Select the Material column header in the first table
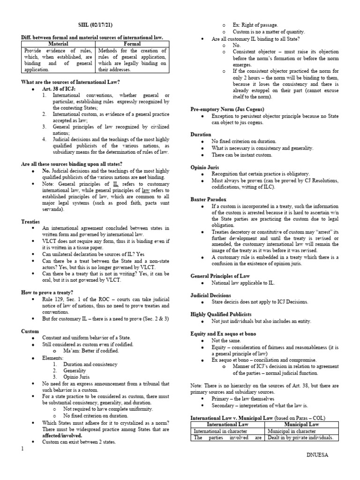(x=58, y=43)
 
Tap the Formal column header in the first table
(x=132, y=43)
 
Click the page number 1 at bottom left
(x=22, y=462)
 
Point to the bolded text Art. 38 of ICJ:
(x=58, y=89)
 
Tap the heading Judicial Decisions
(x=210, y=295)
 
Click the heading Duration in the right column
(x=201, y=134)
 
